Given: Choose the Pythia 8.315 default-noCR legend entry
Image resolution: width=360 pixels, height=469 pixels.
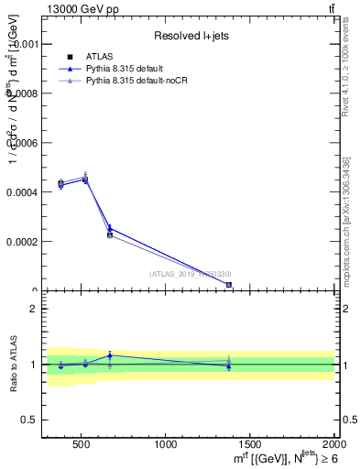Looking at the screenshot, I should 130,81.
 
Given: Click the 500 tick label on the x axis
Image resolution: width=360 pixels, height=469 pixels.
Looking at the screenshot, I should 81,444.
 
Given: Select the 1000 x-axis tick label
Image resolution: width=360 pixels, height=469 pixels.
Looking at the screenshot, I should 166,444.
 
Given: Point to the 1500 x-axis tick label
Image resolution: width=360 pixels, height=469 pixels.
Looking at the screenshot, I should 250,444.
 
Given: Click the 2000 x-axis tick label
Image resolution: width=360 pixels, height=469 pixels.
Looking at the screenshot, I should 333,444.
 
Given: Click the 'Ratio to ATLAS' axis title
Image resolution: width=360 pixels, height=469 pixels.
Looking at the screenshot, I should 12,364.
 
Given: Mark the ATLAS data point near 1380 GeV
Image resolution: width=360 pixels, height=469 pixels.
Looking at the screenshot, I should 229,285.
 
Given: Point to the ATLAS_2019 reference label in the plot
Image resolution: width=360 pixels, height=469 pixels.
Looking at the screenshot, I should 191,274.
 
